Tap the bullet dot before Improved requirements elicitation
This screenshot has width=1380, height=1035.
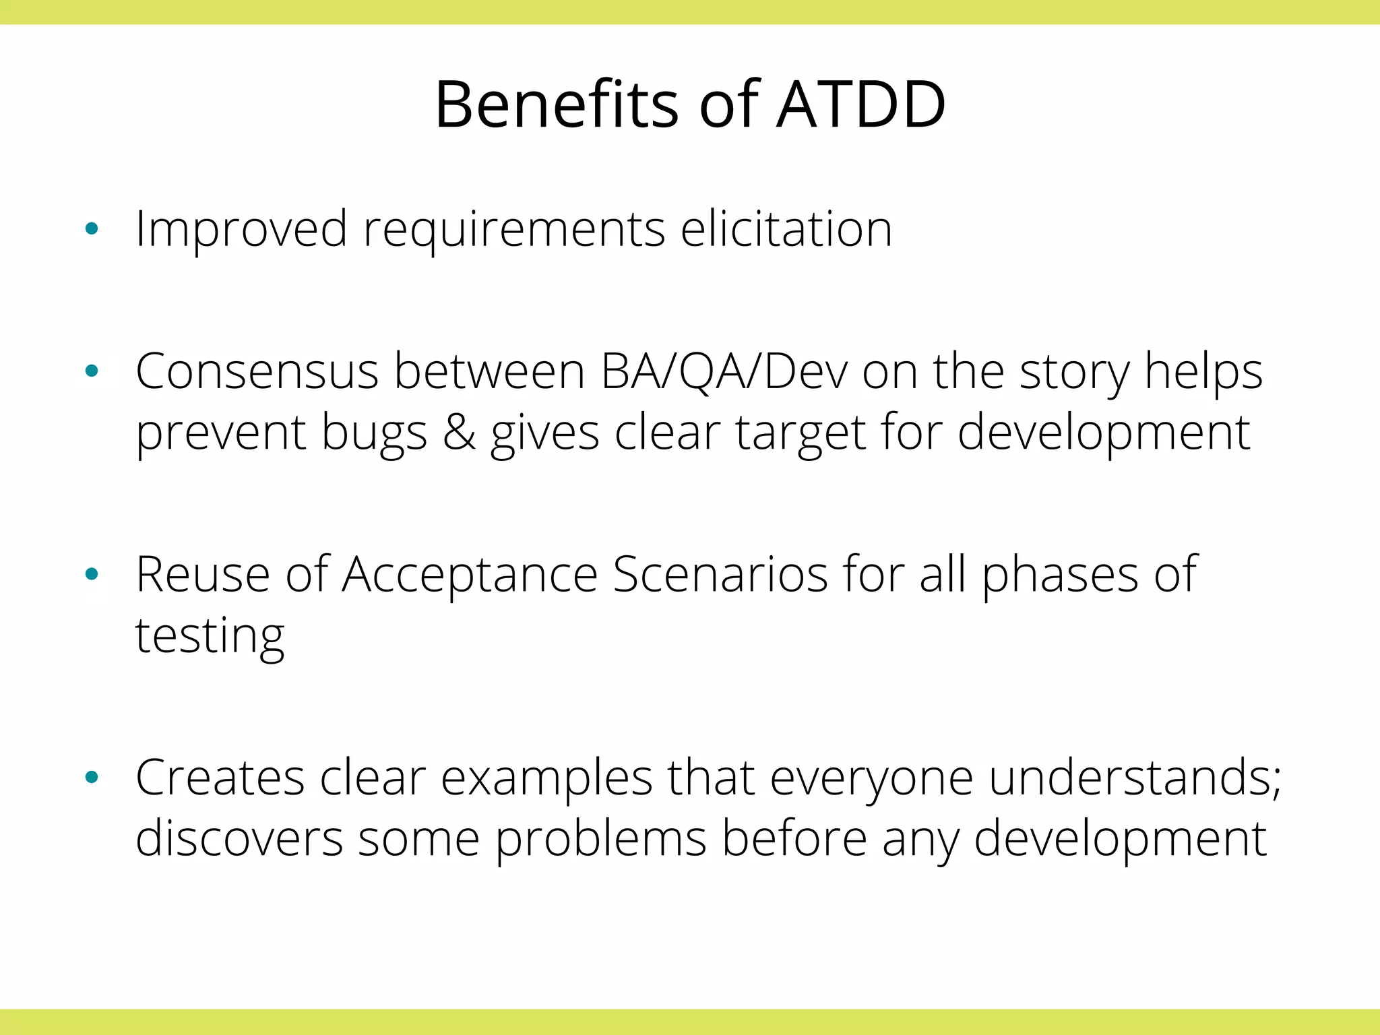point(92,229)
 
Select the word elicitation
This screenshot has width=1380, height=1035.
point(786,229)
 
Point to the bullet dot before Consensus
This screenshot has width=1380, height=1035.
point(92,371)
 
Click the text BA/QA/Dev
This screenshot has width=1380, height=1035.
point(724,372)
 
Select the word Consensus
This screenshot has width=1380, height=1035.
point(257,372)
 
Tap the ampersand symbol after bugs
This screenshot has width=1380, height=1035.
point(459,433)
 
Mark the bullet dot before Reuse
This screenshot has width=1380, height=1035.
point(92,574)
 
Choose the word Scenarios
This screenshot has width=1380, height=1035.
point(720,575)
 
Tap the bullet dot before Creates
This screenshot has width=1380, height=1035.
point(92,778)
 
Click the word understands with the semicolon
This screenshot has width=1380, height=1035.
point(1135,778)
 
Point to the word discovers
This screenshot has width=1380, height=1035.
point(239,839)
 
